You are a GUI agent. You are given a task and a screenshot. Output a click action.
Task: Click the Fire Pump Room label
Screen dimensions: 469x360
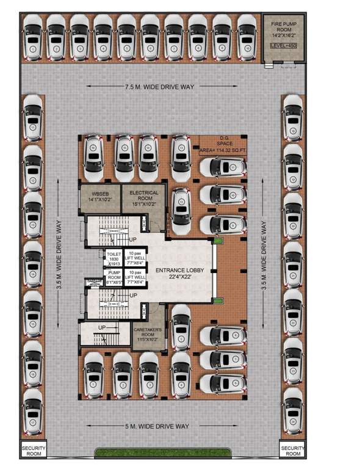pyautogui.click(x=284, y=27)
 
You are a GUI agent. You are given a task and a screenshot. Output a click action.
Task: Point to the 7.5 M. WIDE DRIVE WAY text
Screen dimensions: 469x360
pyautogui.click(x=160, y=87)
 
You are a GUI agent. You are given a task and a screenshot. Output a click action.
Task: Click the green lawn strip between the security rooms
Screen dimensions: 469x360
pyautogui.click(x=163, y=453)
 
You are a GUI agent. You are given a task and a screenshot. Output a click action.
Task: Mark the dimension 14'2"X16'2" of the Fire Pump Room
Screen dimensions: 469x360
pyautogui.click(x=284, y=35)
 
